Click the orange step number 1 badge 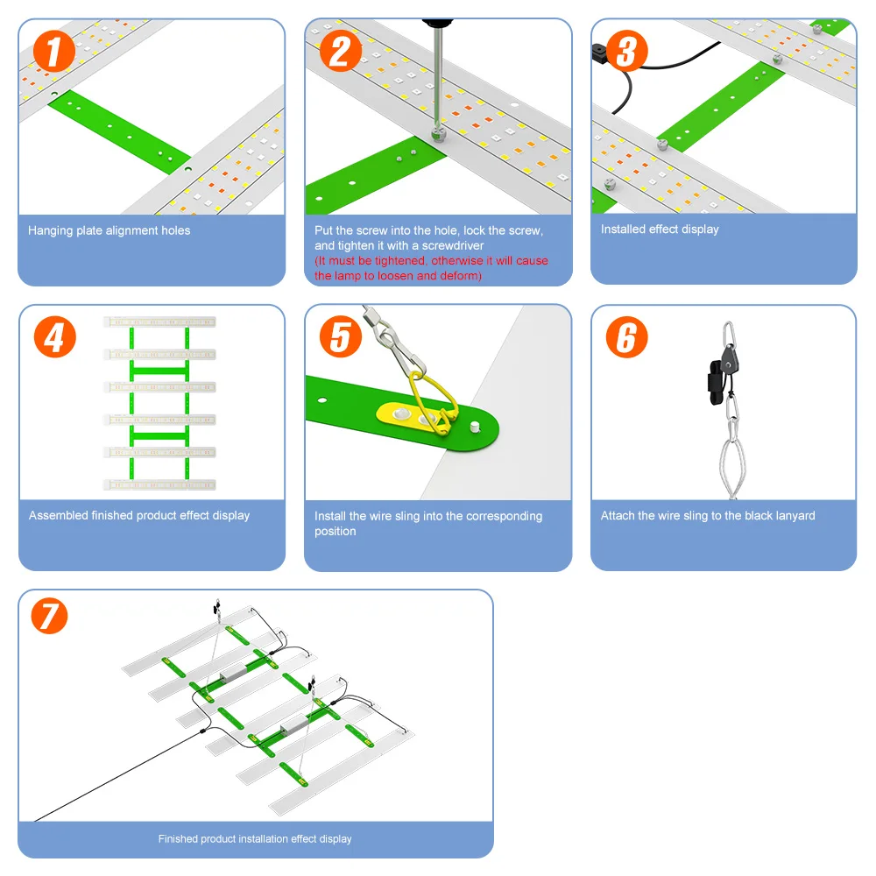tap(54, 52)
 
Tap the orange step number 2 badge tap(341, 52)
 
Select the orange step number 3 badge tap(627, 51)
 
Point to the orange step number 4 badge tap(54, 337)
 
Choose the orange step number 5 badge tap(341, 337)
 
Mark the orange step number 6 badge tap(627, 337)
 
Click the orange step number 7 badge tap(49, 616)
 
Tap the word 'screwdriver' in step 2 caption tap(453, 246)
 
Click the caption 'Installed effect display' tap(660, 230)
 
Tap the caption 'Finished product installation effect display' tap(255, 839)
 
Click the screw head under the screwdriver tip tap(439, 134)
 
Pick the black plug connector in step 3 tap(600, 52)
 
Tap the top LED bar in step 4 tap(159, 321)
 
